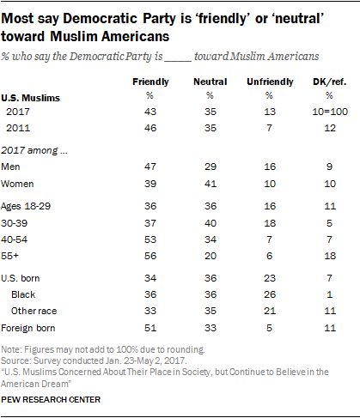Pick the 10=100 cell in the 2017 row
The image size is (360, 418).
point(330,112)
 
